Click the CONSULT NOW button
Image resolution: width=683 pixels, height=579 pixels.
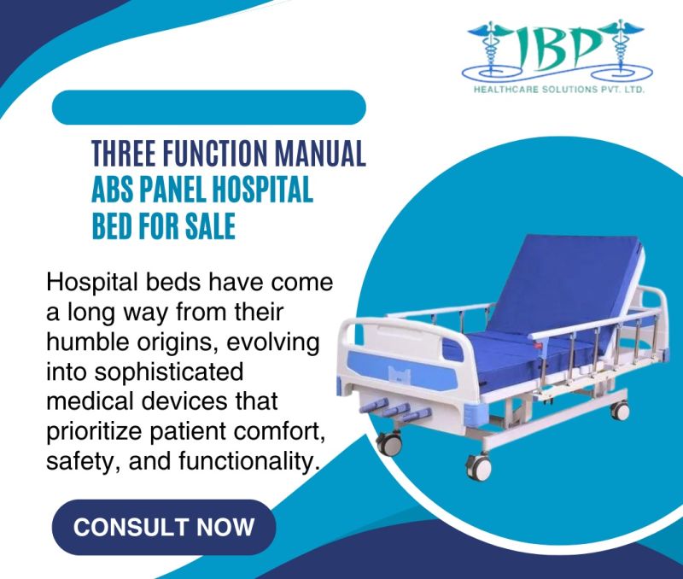pos(164,527)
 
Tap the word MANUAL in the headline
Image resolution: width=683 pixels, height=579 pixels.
pos(321,155)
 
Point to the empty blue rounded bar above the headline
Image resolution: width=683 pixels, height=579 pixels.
pos(209,108)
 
